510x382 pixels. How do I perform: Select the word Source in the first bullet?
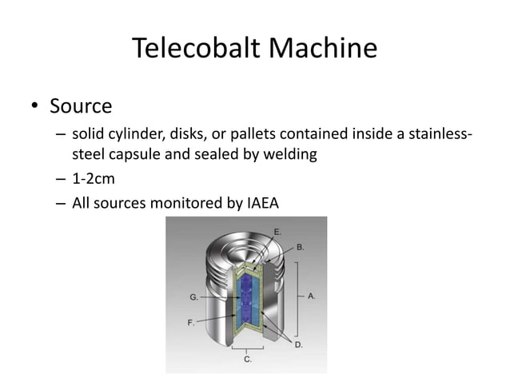click(81, 105)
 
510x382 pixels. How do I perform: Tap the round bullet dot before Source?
click(34, 106)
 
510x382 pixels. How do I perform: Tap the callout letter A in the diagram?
click(312, 295)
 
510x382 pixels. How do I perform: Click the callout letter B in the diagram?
click(300, 248)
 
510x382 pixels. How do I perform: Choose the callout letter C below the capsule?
click(248, 360)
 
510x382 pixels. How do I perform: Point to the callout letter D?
click(298, 344)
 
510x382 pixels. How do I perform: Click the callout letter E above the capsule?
click(277, 231)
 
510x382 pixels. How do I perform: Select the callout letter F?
click(191, 323)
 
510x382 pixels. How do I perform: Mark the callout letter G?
click(193, 296)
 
